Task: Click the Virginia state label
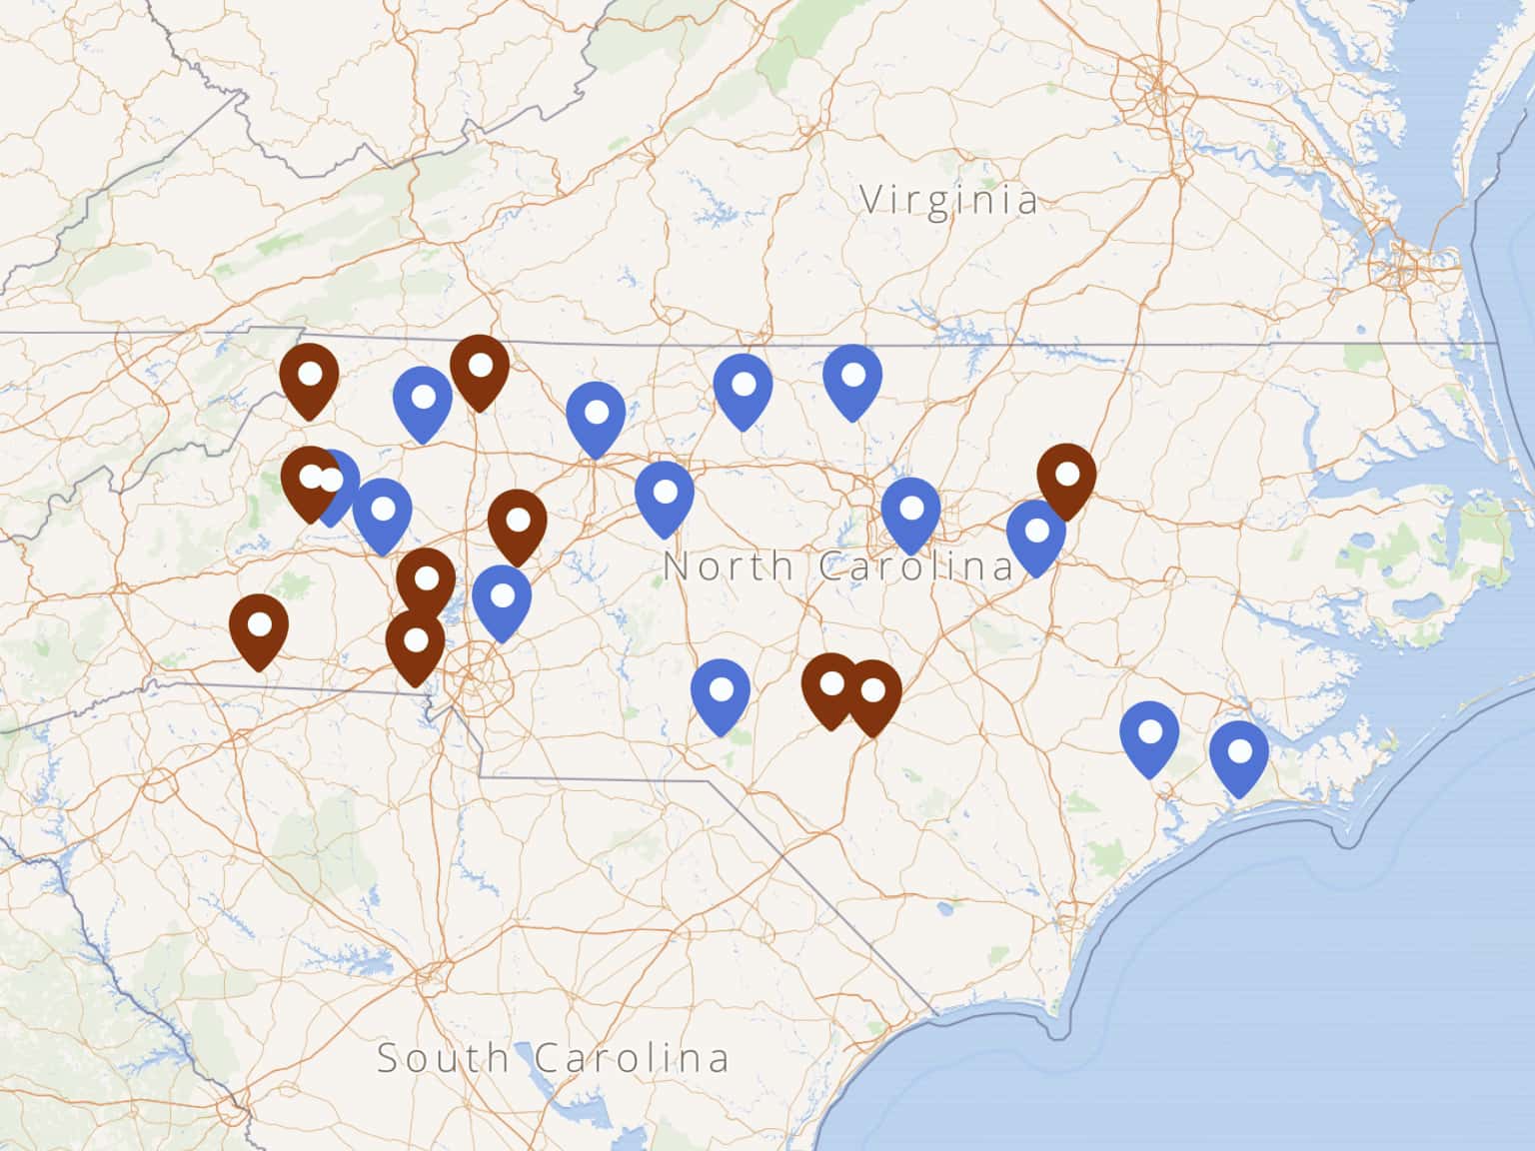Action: click(948, 200)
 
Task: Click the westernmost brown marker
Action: click(259, 629)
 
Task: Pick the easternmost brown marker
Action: click(1066, 479)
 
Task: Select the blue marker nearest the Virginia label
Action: click(852, 380)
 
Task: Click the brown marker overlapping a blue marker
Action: click(311, 481)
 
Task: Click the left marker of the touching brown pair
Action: click(830, 689)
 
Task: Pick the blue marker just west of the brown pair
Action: click(721, 693)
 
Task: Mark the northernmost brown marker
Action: click(480, 370)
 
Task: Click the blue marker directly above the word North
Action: click(665, 496)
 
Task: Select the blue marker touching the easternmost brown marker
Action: click(1035, 536)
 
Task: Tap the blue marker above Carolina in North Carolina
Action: click(910, 513)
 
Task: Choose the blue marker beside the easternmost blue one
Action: click(1149, 736)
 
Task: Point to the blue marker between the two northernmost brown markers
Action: click(423, 402)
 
